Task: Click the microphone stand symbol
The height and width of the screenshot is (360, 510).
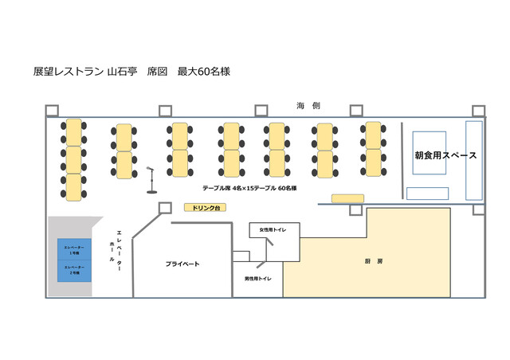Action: tap(151, 180)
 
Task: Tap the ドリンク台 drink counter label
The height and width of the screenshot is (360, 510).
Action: tap(206, 208)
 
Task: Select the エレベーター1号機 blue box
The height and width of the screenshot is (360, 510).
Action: tap(74, 249)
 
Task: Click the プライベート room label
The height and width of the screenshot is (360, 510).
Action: tap(182, 264)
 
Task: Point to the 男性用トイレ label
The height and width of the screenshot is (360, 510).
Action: tap(257, 279)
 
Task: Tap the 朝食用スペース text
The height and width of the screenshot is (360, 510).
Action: tap(445, 155)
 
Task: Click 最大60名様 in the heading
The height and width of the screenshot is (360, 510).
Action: tap(203, 71)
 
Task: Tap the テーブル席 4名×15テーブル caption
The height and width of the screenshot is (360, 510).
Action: tap(249, 188)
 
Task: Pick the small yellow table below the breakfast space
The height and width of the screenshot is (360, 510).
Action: tap(347, 198)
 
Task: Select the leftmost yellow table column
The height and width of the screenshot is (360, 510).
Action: tap(73, 159)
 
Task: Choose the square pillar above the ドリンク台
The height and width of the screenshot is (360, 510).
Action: tap(164, 207)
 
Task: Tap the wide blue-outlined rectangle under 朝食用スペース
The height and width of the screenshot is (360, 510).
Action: tap(426, 193)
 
